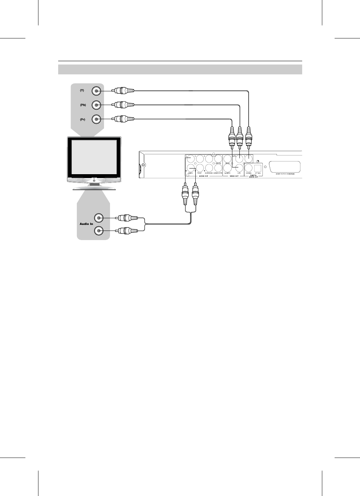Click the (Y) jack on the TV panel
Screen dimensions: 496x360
pos(96,91)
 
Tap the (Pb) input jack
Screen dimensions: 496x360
pos(96,105)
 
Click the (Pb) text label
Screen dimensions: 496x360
pos(83,105)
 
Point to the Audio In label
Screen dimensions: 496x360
pos(86,224)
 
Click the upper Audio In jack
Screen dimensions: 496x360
pos(99,218)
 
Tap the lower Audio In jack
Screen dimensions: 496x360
pos(99,231)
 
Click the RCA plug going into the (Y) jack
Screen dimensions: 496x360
pos(123,91)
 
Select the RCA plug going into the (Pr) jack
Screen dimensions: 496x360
pos(123,119)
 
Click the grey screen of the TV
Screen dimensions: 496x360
pos(94,156)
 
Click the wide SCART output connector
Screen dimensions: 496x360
pos(285,167)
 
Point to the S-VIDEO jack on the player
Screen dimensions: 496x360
pos(227,168)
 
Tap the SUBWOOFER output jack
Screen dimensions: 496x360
pos(218,168)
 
